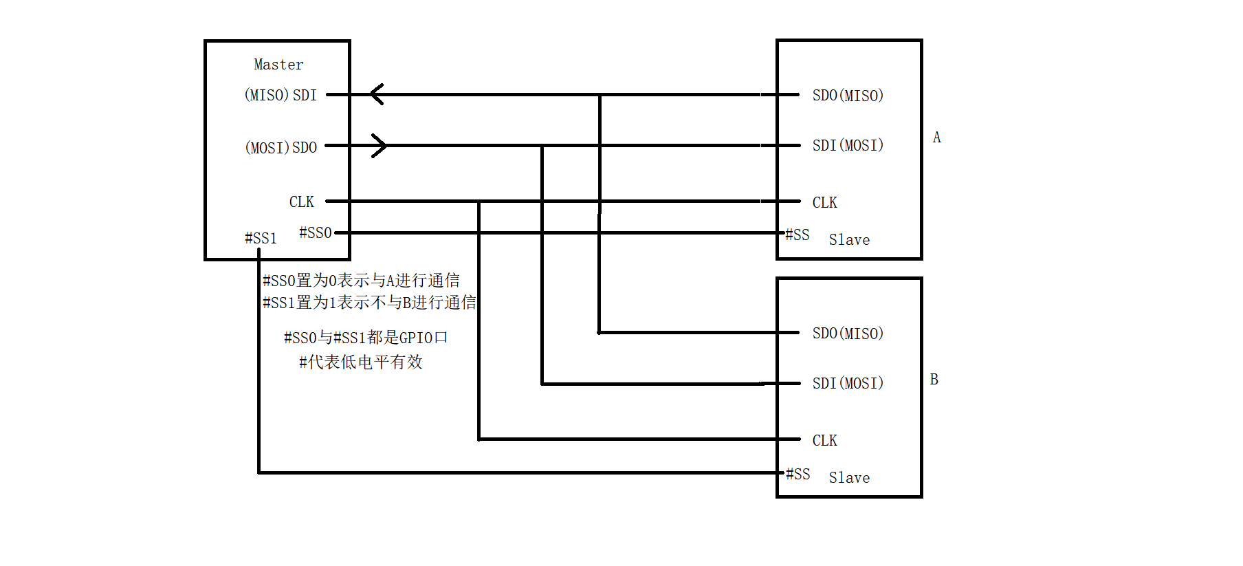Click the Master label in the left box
pos(278,65)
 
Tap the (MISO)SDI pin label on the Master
pos(280,95)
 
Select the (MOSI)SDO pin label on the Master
pos(280,148)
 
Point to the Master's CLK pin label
pos(301,202)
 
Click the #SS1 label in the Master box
pos(261,239)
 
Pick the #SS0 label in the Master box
pos(316,233)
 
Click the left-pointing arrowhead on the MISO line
pos(376,94)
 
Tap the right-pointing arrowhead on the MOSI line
pos(379,146)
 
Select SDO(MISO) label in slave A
pos(848,96)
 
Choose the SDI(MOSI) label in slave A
pos(848,146)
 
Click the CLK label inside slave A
pos(824,203)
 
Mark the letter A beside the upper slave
pos(936,138)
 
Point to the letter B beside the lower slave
pos(934,380)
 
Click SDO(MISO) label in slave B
pos(848,334)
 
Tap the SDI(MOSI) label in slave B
pos(848,384)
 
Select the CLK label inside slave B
pos(824,441)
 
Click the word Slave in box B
pos(849,478)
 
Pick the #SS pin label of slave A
pos(797,235)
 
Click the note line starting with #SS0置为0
pos(361,281)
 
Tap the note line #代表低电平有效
pos(361,362)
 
